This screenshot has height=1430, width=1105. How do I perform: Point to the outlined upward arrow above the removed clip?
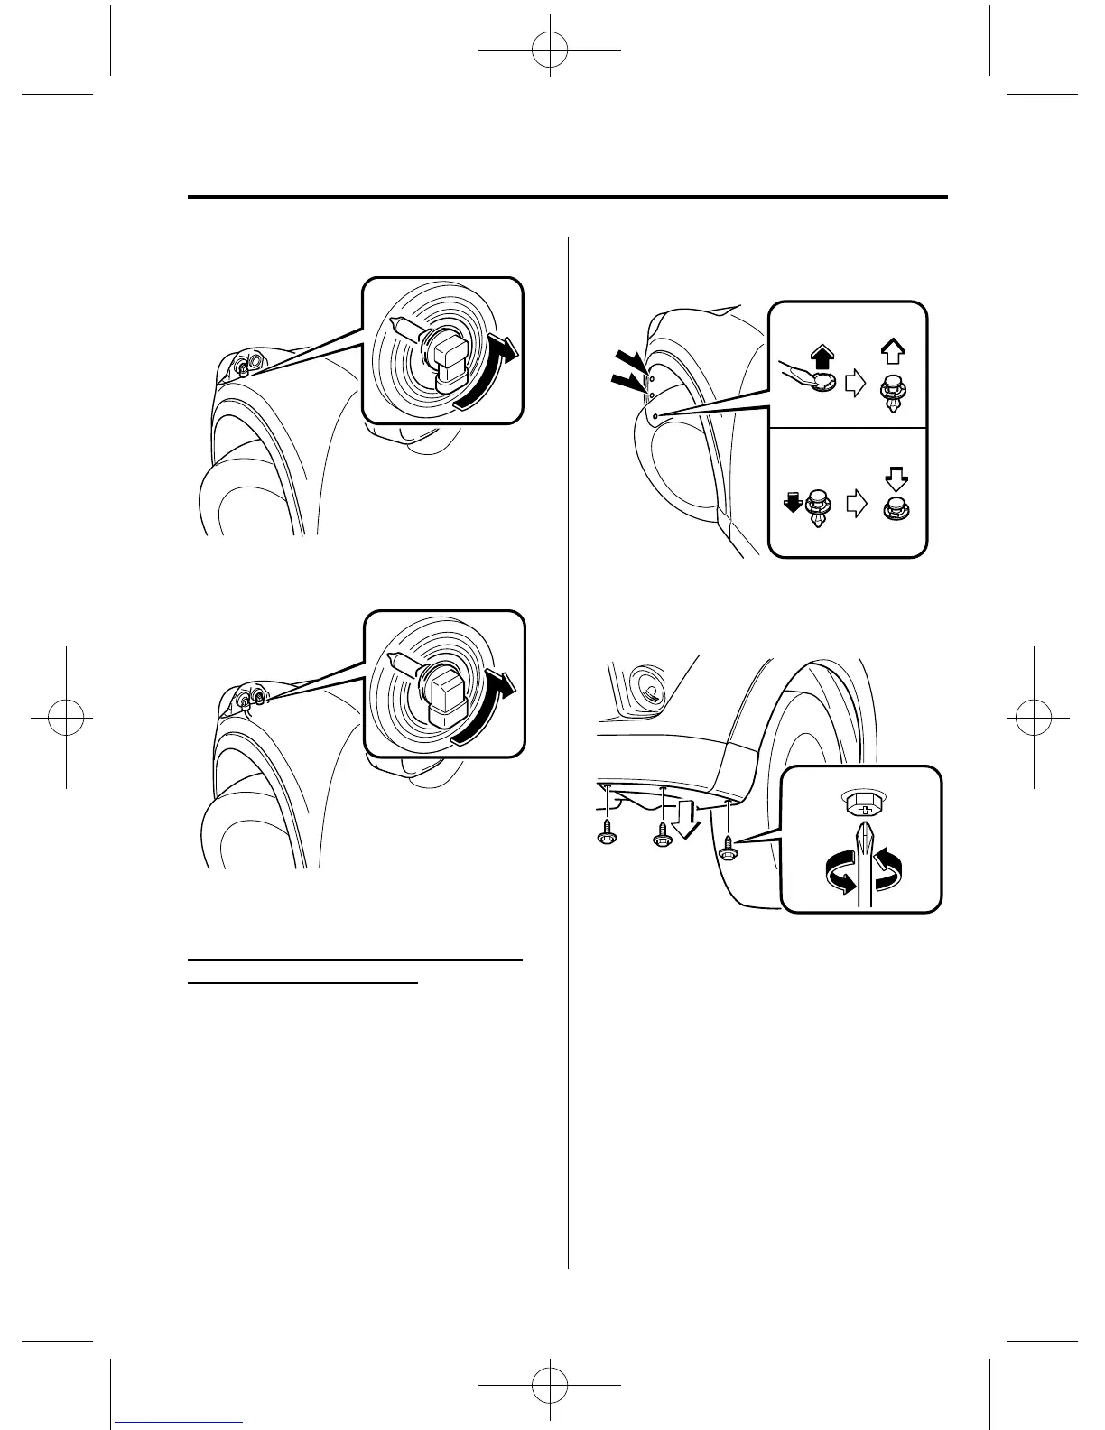(892, 352)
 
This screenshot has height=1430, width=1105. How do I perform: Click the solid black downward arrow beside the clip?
(794, 504)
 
